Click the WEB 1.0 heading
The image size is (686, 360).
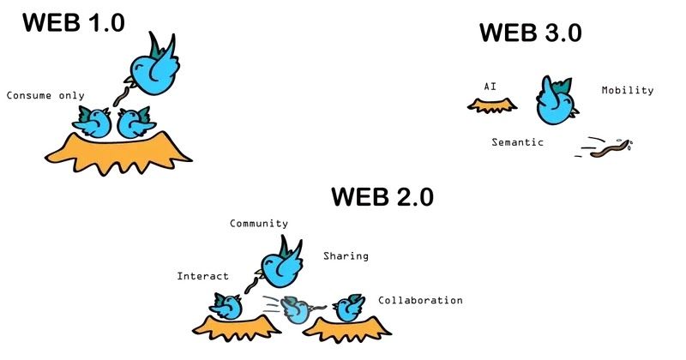74,22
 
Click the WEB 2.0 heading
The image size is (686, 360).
382,197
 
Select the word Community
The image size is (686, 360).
259,224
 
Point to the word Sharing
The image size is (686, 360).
346,255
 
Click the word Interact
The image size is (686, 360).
202,276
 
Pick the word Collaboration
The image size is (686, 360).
420,300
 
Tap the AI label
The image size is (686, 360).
490,87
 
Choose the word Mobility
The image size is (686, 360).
628,90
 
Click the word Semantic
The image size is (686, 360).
517,142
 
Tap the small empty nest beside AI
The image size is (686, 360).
492,105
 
